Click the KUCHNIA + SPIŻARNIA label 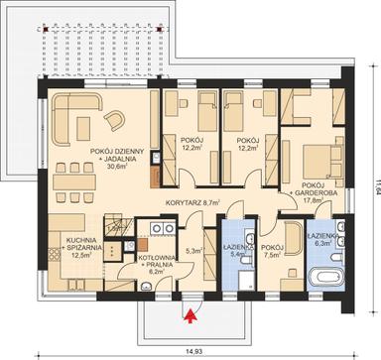[66, 248]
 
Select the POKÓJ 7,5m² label [270, 252]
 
